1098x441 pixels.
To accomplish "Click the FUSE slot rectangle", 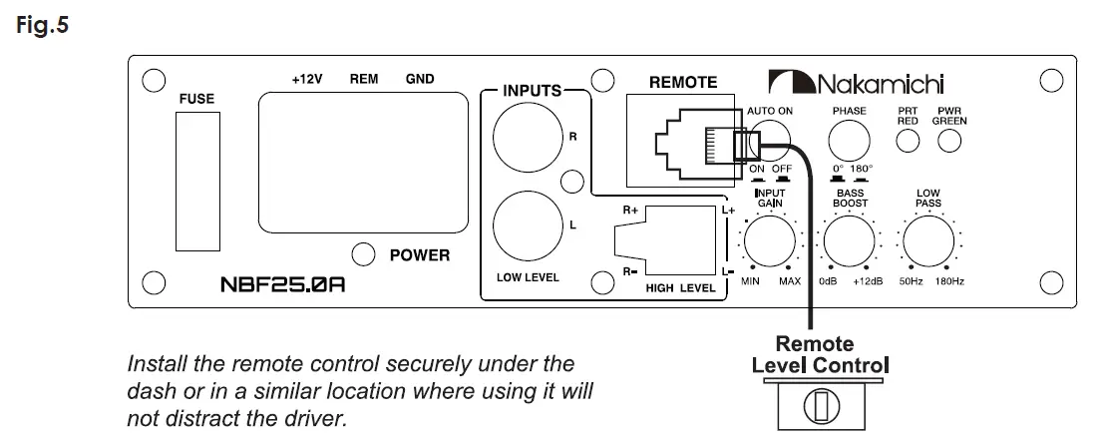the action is [x=197, y=182].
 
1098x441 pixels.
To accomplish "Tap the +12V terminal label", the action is [x=307, y=79].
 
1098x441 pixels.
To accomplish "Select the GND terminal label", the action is [x=420, y=79].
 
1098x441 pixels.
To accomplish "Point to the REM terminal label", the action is [x=363, y=79].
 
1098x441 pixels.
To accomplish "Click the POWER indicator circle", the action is [x=363, y=253].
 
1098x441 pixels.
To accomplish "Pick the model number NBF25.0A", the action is [x=282, y=284].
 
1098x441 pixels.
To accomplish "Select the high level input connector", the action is [x=664, y=240].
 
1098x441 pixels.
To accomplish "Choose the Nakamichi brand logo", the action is [x=856, y=82].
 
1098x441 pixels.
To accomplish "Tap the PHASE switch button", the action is [x=849, y=140].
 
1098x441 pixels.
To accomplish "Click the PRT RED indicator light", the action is [x=908, y=141].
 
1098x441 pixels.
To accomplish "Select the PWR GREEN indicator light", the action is [x=949, y=141].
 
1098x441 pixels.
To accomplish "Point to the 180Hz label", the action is [x=949, y=281].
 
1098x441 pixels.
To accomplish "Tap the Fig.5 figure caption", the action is [x=42, y=25].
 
